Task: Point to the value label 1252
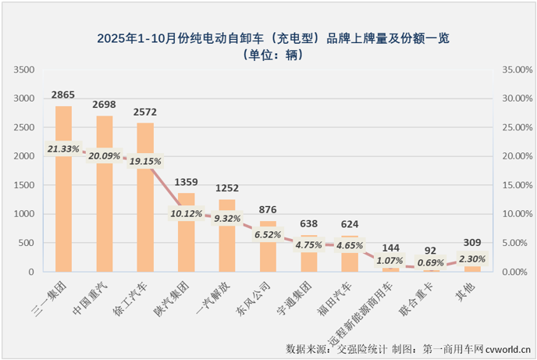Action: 227,188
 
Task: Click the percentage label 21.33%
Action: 63,148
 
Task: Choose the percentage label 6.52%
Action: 268,233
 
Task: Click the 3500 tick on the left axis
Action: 24,70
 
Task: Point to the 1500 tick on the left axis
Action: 24,185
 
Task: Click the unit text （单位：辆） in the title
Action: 268,54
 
